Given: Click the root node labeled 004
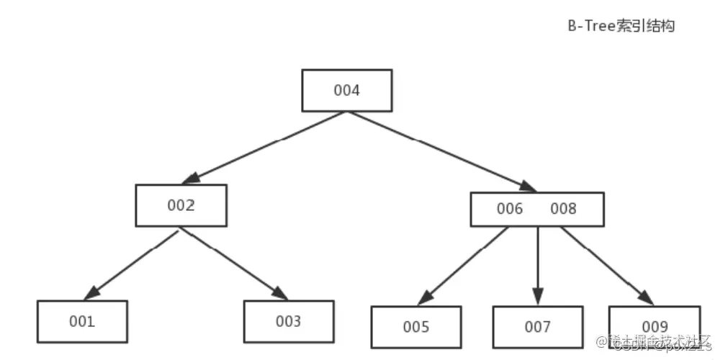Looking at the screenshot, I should tap(346, 91).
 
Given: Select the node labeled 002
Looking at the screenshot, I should tap(181, 205).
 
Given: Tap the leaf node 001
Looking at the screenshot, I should tap(82, 321).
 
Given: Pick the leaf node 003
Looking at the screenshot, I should tap(288, 321).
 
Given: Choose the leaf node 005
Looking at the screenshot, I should tap(416, 327).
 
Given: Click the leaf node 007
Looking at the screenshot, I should tap(537, 327).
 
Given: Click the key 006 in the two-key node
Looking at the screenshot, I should tap(509, 209).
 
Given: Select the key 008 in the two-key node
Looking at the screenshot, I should tap(563, 209).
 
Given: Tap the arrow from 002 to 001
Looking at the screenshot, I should tap(133, 264).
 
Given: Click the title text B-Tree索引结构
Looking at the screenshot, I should tap(620, 26).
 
